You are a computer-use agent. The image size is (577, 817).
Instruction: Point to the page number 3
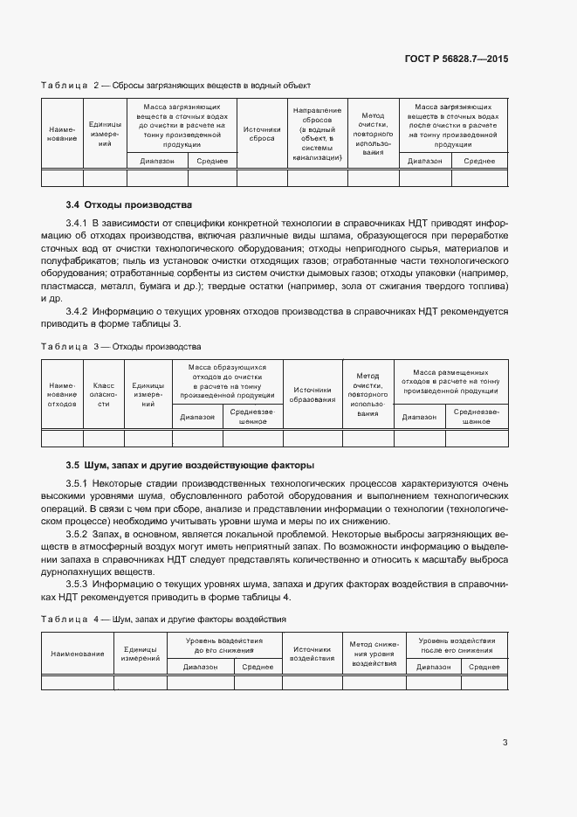pyautogui.click(x=505, y=743)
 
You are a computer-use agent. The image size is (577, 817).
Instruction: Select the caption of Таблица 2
pyautogui.click(x=176, y=86)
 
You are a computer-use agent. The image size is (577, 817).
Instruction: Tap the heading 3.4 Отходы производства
pyautogui.click(x=128, y=204)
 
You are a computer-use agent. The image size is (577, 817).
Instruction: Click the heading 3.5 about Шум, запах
pyautogui.click(x=190, y=465)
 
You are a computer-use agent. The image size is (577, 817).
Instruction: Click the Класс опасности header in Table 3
pyautogui.click(x=103, y=393)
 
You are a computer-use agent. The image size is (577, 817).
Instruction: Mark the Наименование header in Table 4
pyautogui.click(x=78, y=654)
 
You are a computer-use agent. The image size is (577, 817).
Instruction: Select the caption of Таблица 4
pyautogui.click(x=164, y=620)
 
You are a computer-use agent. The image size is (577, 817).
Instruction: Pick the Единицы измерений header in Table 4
pyautogui.click(x=140, y=654)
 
